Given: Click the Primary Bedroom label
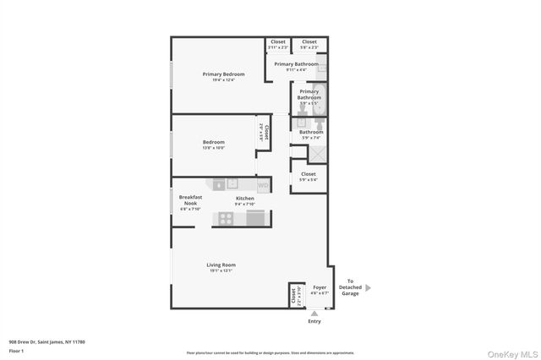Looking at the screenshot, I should click(x=218, y=74).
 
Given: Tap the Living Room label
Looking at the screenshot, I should click(x=221, y=265).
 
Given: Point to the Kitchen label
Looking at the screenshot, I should click(x=244, y=199).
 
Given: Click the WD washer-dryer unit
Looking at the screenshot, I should click(x=263, y=184).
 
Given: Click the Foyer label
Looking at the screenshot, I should click(x=320, y=287).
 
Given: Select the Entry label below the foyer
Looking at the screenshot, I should click(x=314, y=321).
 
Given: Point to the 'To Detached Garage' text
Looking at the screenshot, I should click(x=350, y=287).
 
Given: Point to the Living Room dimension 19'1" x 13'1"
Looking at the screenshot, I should click(x=221, y=271).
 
